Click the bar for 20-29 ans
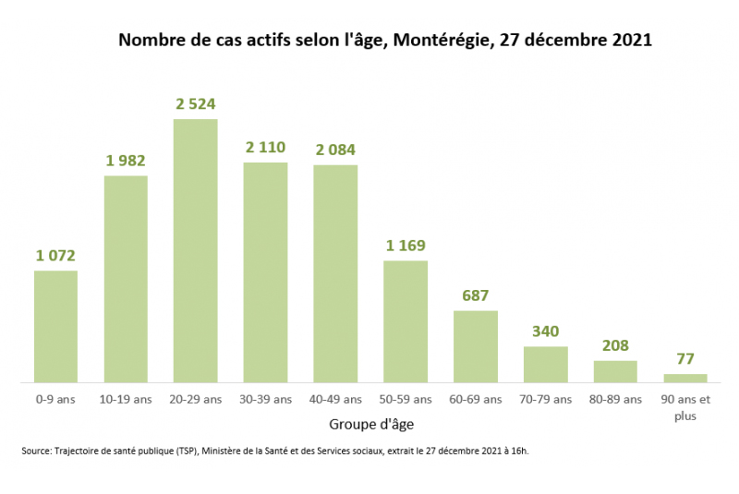tap(196, 250)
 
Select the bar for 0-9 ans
tap(55, 326)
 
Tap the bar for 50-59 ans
tap(406, 321)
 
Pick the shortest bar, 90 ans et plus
tap(685, 379)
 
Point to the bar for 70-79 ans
tap(546, 365)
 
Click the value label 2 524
tap(196, 104)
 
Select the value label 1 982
tap(126, 161)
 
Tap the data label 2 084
tap(335, 150)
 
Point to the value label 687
tap(476, 295)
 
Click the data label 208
tap(615, 345)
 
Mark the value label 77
tap(685, 359)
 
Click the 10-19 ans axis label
tap(126, 399)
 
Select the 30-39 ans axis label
tap(265, 399)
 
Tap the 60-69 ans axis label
tap(476, 399)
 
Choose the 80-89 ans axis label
tap(615, 399)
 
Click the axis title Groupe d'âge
tap(371, 425)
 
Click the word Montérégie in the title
tap(442, 40)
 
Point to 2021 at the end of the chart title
tap(632, 40)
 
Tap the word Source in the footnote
tap(36, 451)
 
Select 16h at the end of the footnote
tap(520, 451)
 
